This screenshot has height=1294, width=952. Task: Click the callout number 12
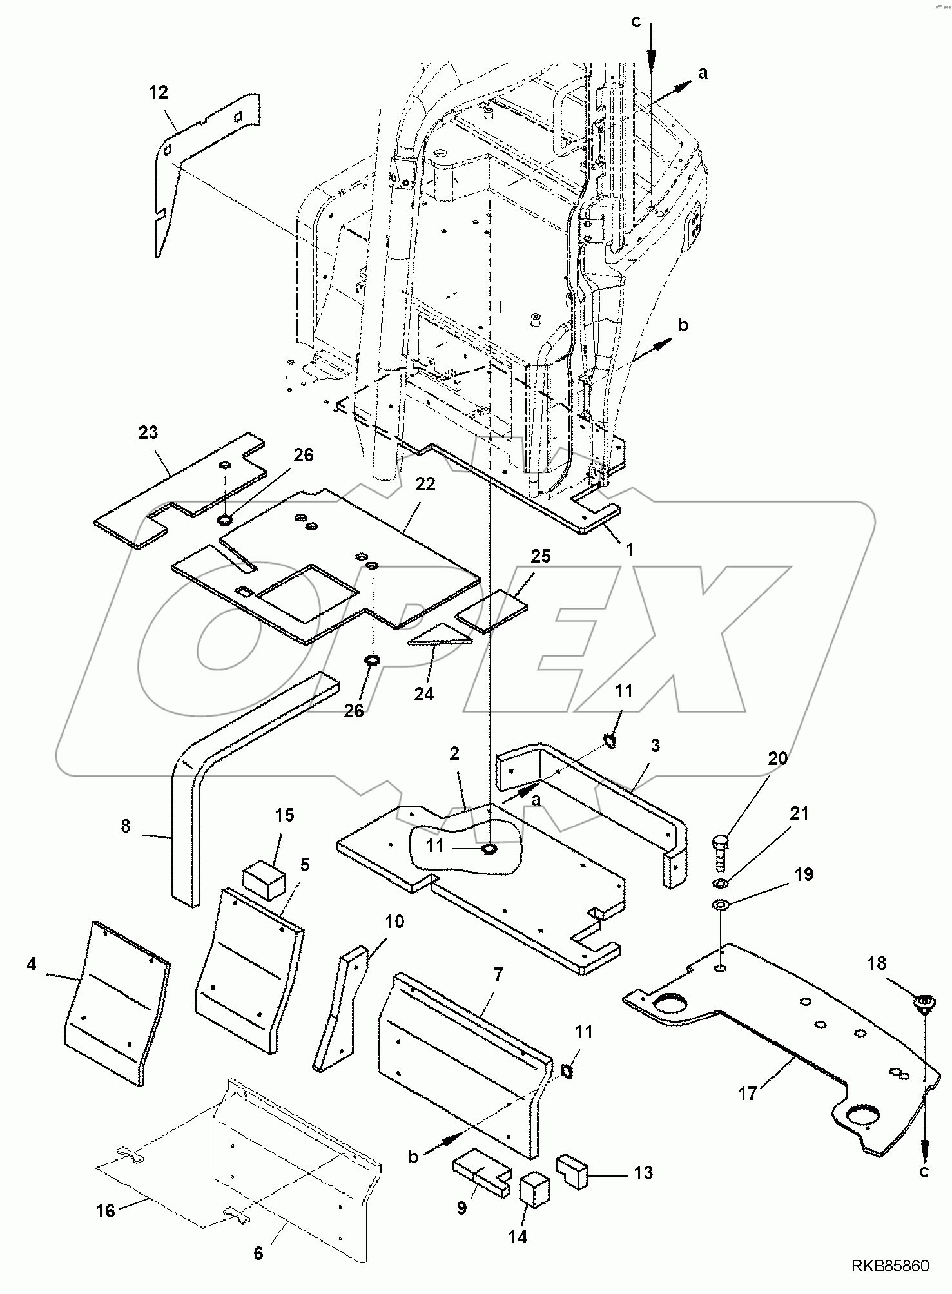pos(158,93)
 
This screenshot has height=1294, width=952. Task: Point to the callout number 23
pos(148,432)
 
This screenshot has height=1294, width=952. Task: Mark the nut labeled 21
pos(721,882)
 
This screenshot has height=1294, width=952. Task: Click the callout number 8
pos(125,826)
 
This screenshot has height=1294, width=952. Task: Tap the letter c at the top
pos(636,23)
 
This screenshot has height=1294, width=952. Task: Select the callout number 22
pos(425,485)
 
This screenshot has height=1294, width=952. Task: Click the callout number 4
pos(32,965)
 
